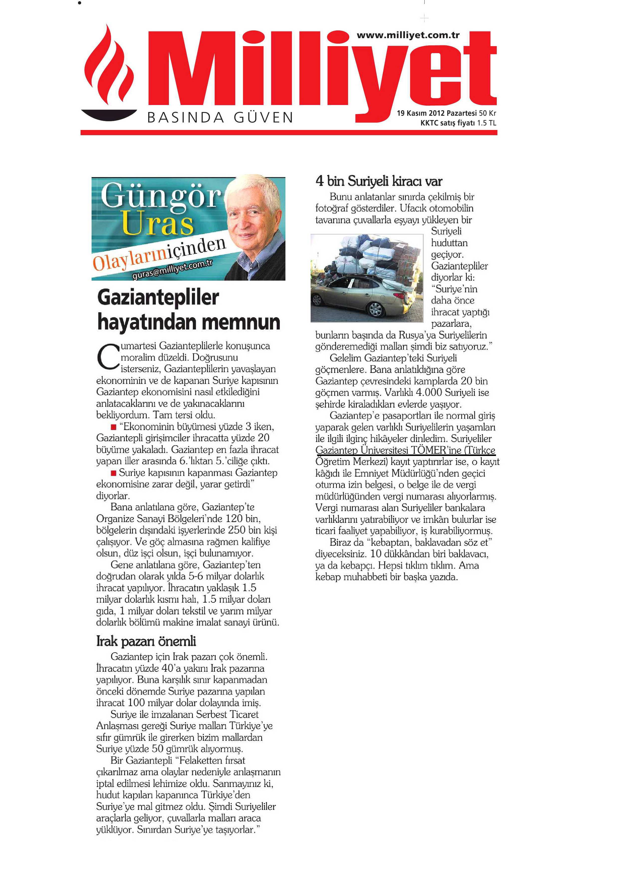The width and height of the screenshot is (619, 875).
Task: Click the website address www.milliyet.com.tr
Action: (408, 35)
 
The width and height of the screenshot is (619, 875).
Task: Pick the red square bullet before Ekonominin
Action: (113, 427)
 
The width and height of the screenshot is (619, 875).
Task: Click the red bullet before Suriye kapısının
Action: (113, 473)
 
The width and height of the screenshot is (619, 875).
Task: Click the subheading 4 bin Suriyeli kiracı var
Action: (378, 181)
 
